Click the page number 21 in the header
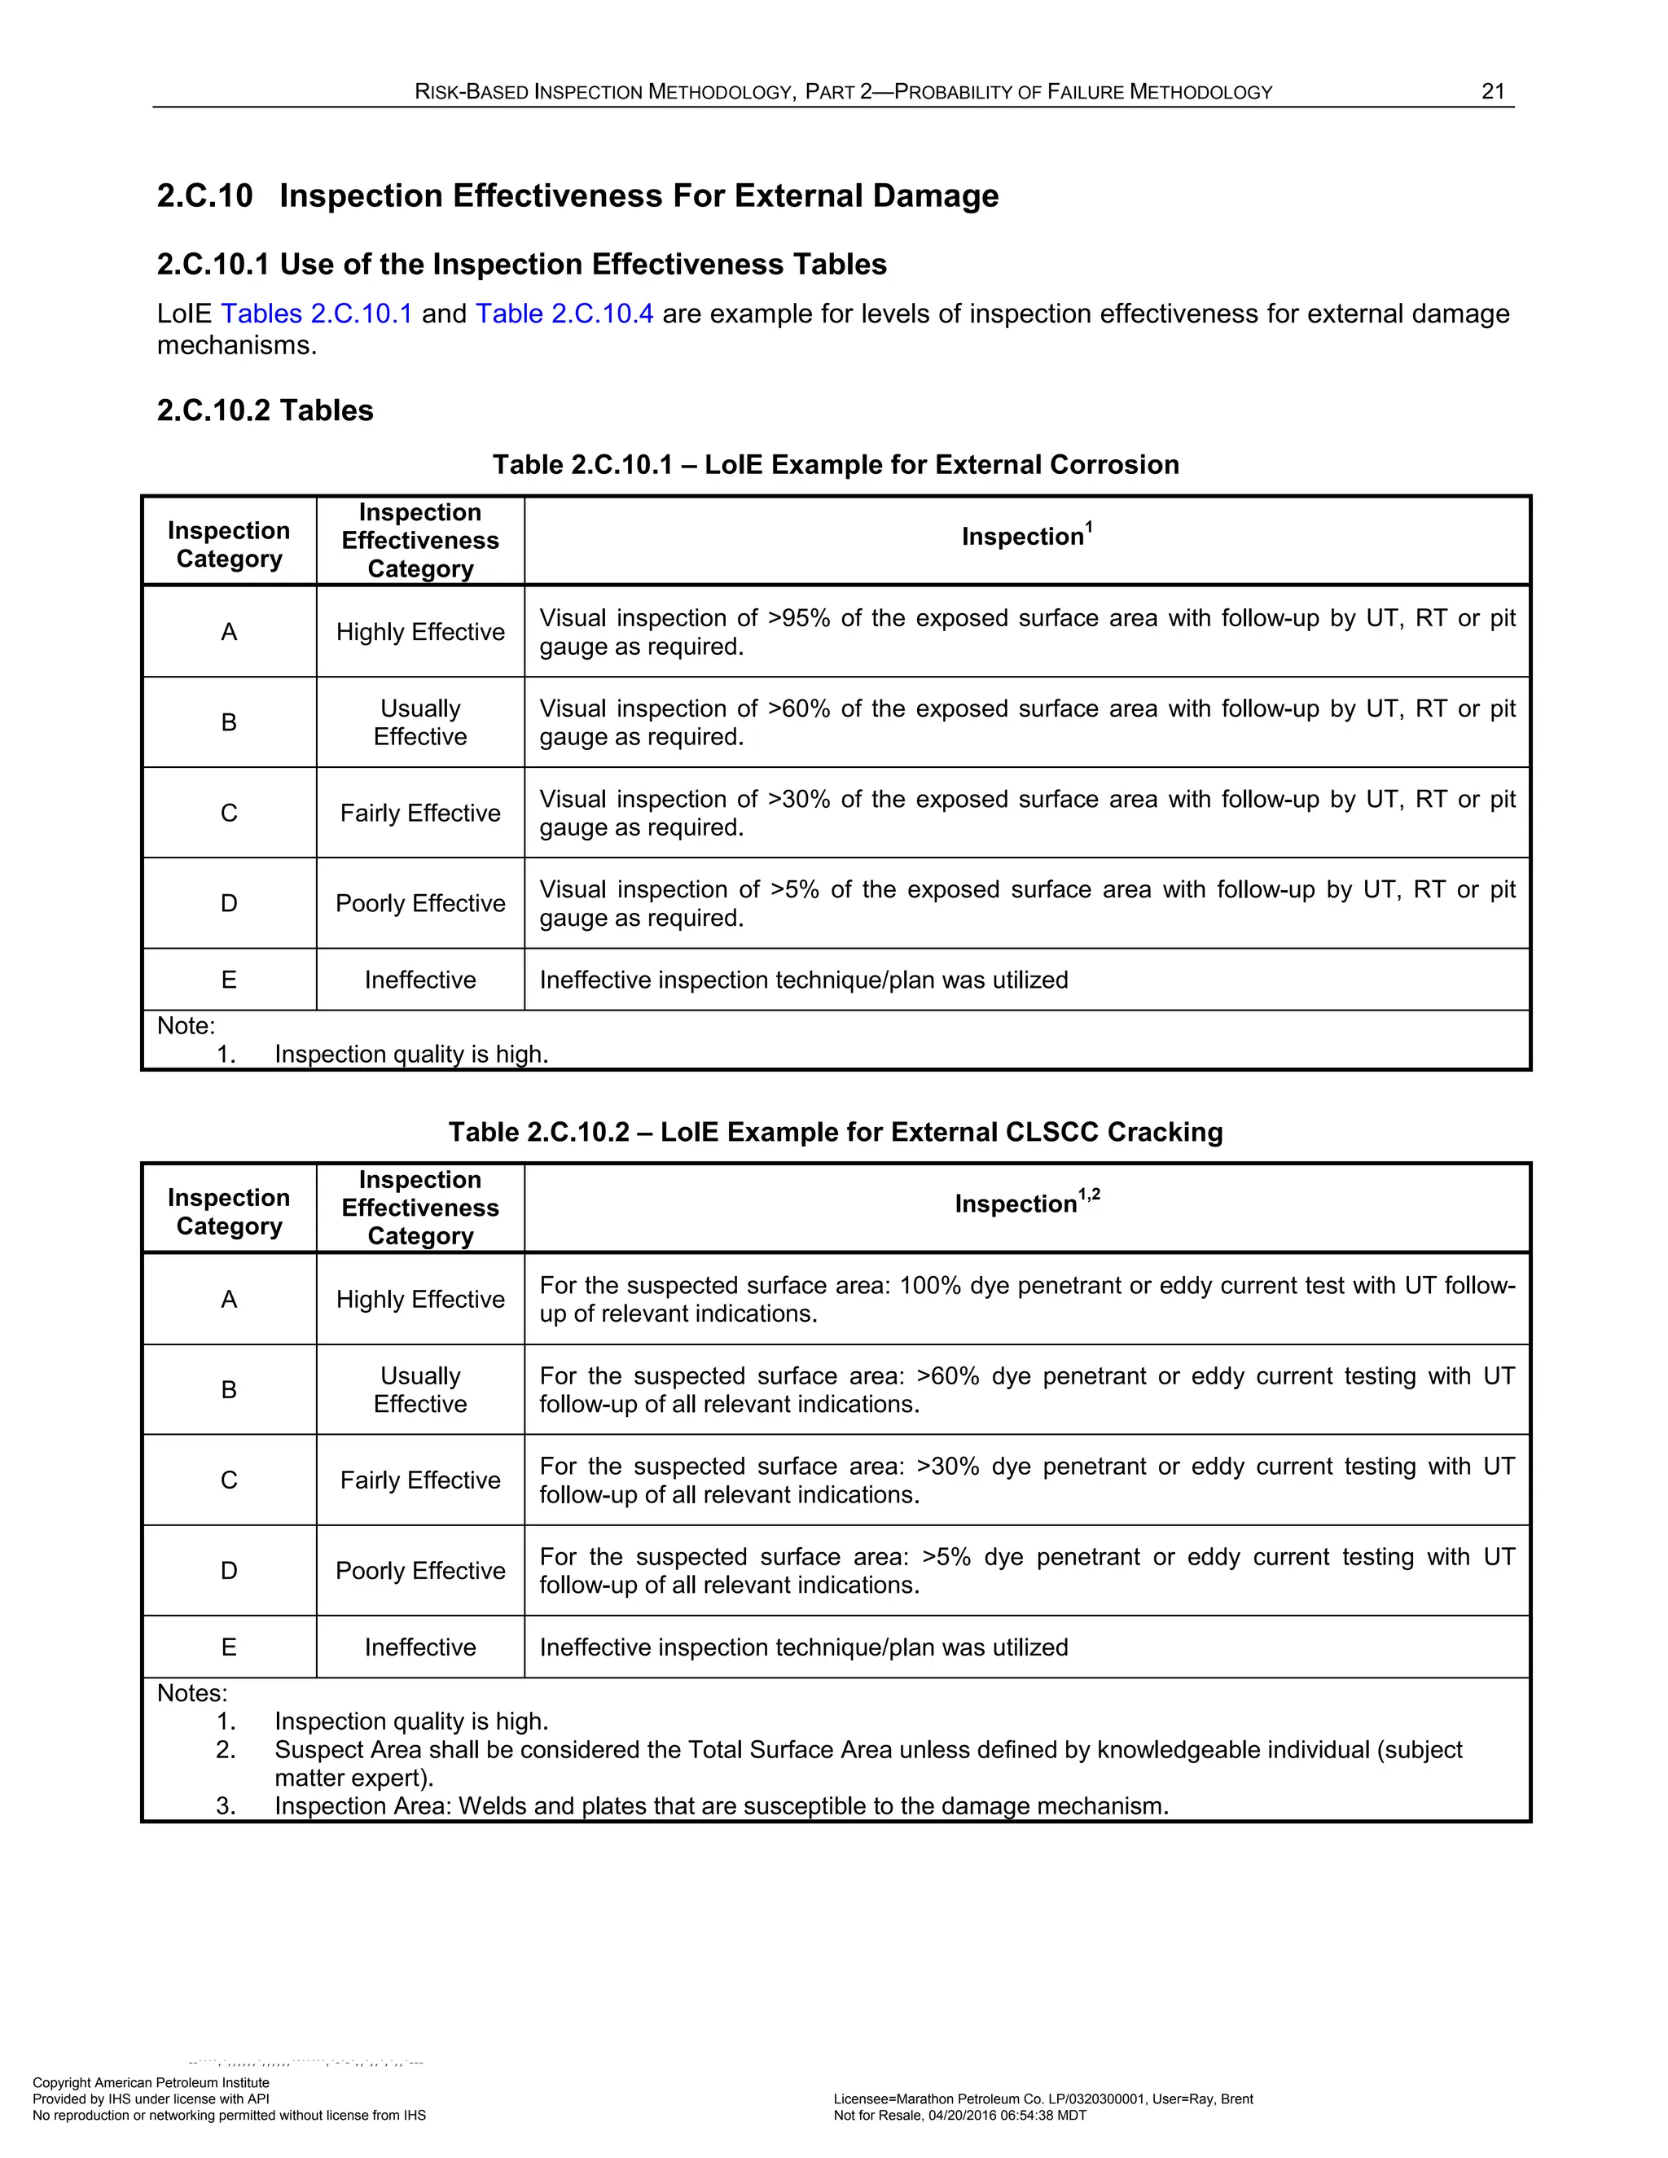click(1492, 92)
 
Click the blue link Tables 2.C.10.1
click(315, 314)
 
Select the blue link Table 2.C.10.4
click(564, 314)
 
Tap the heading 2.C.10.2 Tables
click(265, 410)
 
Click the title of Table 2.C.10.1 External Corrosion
click(835, 464)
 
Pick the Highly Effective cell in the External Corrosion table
click(420, 631)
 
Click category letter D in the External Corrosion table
click(228, 903)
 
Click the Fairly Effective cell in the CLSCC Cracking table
click(420, 1480)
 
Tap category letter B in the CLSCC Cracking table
click(228, 1389)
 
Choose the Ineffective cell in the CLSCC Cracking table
click(420, 1647)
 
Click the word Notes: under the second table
click(191, 1694)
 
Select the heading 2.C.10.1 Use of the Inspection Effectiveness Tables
click(522, 265)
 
